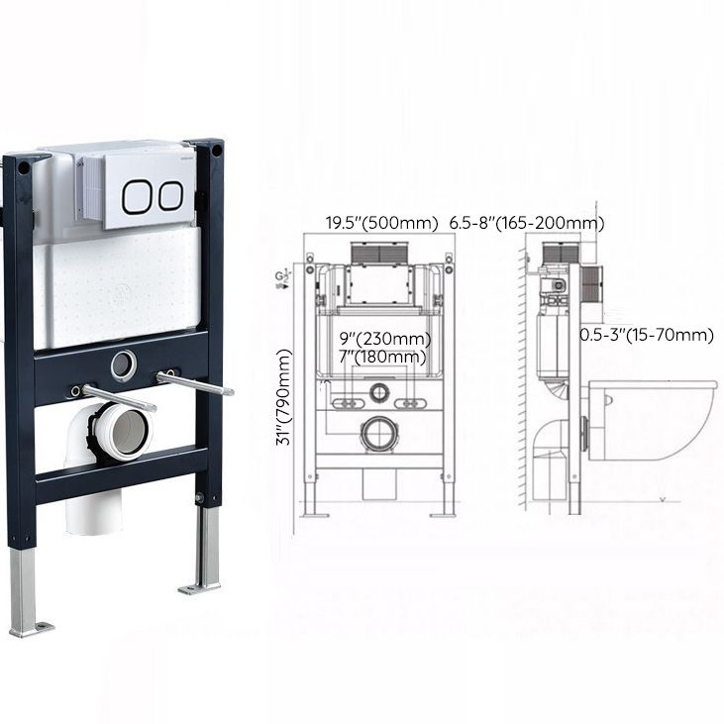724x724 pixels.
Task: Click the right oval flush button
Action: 170,194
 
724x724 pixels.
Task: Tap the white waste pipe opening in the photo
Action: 126,434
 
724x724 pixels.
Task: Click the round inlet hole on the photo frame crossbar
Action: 123,365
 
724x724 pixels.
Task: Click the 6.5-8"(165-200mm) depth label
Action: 526,223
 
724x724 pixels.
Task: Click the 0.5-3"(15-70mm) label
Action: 646,335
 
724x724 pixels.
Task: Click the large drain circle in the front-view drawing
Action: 379,434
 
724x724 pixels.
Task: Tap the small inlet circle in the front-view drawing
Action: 379,393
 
